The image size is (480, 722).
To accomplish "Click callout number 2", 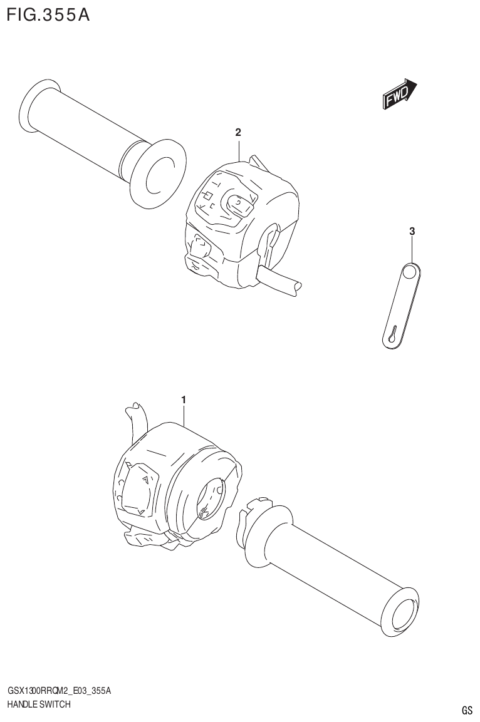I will pos(238,132).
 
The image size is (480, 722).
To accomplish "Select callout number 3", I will pos(412,232).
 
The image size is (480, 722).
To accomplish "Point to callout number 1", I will pos(184,399).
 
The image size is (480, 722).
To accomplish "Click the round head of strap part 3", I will pos(410,272).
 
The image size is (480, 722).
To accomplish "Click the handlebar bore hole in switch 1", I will pos(211,498).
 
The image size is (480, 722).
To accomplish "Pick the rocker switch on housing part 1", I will pos(137,488).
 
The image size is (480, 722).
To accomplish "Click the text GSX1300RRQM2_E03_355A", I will pos(59,691).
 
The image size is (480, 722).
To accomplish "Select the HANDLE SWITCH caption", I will pos(38,704).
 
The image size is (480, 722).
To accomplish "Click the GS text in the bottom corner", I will pos(467,710).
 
